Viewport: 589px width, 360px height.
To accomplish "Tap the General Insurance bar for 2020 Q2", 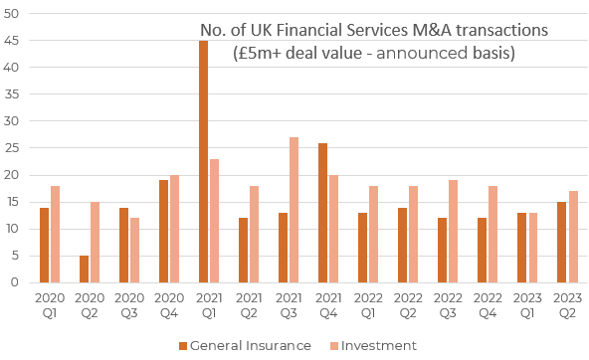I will [85, 269].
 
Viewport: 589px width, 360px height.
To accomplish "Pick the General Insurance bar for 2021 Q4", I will [323, 213].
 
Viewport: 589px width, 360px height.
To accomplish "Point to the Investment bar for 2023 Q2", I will [572, 237].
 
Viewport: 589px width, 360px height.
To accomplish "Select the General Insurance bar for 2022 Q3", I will [443, 250].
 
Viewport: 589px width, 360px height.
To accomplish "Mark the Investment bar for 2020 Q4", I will [174, 229].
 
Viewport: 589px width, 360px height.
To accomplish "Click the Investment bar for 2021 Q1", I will [214, 221].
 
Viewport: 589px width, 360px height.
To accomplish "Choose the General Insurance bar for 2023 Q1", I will [522, 248].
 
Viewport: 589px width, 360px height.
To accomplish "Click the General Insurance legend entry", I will [244, 345].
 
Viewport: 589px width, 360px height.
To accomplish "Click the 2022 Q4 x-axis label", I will [488, 306].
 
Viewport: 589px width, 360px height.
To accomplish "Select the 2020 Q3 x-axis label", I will [129, 306].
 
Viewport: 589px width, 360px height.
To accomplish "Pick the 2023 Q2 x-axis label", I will [567, 306].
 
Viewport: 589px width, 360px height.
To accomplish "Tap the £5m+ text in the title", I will [255, 54].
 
